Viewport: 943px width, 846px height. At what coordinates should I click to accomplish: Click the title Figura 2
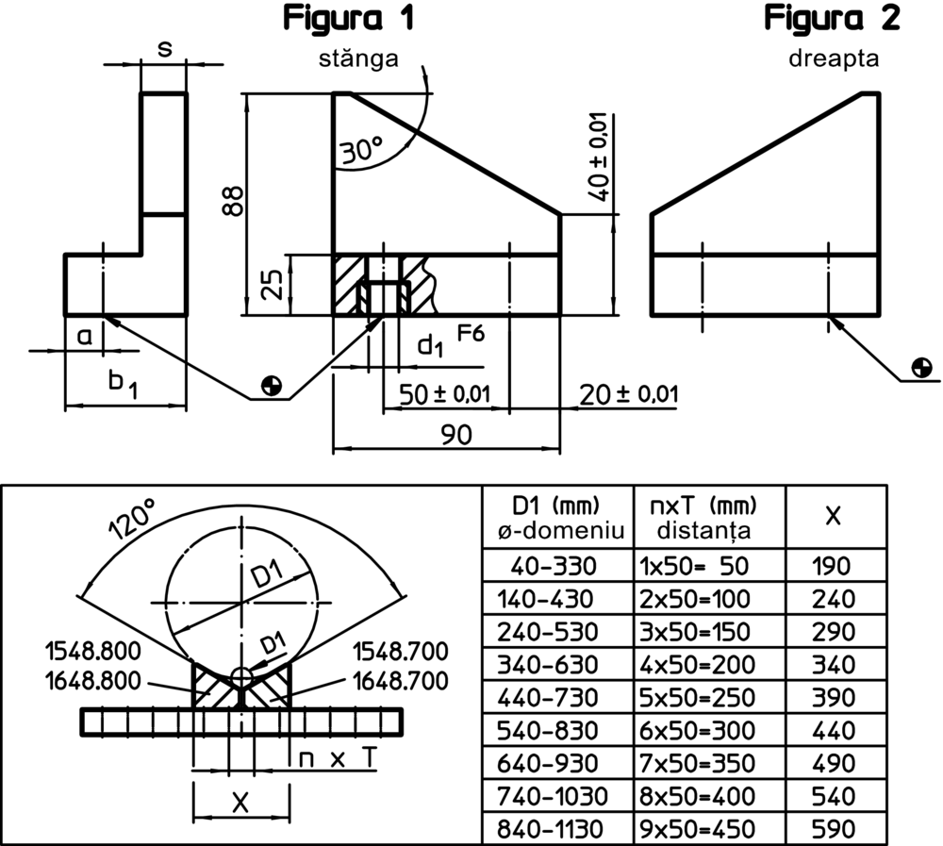tap(832, 18)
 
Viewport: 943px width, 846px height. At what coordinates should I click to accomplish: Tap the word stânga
tap(358, 58)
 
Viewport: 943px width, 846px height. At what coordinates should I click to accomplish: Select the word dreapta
tap(834, 58)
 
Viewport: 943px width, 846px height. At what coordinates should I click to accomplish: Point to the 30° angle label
tap(362, 149)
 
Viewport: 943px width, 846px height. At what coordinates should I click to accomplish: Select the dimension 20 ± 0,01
tap(629, 393)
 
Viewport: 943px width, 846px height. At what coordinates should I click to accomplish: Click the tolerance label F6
tap(471, 333)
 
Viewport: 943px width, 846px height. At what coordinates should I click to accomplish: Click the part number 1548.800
tap(92, 651)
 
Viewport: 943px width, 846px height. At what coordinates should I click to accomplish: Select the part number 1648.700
tap(400, 680)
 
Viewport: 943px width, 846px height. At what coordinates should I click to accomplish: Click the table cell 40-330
tap(554, 567)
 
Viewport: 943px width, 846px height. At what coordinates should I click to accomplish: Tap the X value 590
tap(834, 829)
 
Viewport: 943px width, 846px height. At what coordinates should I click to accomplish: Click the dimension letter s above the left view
tap(164, 48)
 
